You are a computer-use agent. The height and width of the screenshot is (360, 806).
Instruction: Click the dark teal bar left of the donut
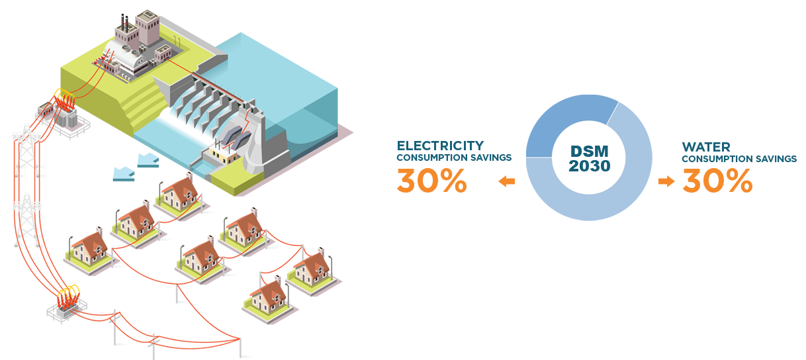coord(453,151)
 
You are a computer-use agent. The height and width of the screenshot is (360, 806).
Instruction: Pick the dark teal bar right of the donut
coord(739,152)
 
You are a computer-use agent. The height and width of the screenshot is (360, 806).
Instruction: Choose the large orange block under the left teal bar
coord(431,180)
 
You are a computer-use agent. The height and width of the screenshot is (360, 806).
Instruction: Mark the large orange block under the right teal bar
coord(717,180)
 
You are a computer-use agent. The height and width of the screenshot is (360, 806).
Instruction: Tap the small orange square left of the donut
coord(506,181)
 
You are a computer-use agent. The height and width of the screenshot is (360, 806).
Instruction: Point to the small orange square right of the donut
coord(666,181)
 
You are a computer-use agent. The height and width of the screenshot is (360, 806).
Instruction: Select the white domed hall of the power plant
coord(132,63)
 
